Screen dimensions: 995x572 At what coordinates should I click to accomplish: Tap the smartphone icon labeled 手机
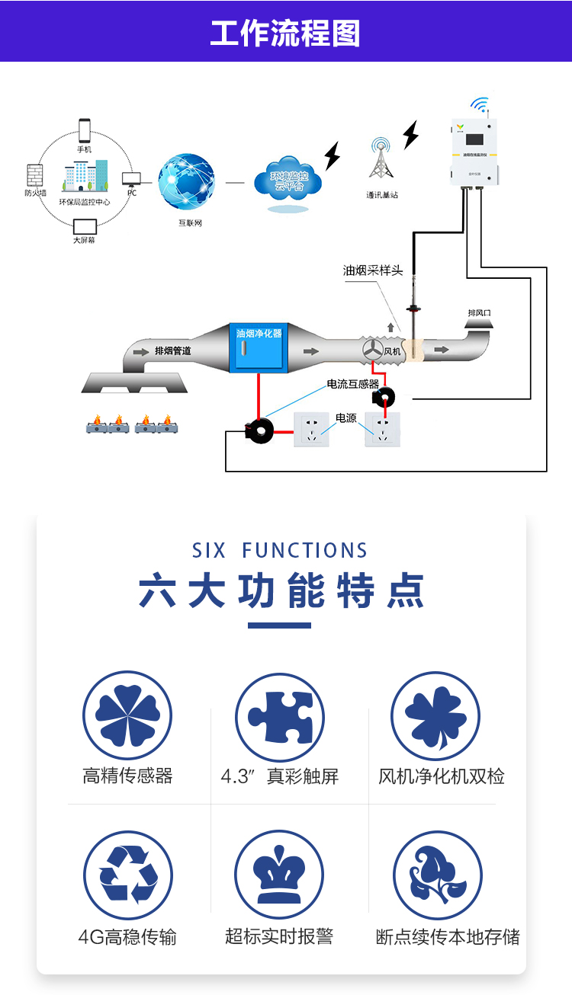pos(84,130)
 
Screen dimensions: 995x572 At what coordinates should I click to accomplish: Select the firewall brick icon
pos(35,175)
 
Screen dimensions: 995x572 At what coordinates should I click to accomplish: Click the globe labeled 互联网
pos(187,183)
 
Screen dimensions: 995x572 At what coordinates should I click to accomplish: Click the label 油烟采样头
pos(373,270)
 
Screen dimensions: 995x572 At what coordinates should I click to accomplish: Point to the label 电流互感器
pos(353,384)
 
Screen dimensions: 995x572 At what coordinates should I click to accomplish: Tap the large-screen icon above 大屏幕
pos(85,226)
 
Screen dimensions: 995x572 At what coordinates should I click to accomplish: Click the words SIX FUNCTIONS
pos(280,551)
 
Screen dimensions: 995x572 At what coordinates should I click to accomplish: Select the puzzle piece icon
pos(280,717)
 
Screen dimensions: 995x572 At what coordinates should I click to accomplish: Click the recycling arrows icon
pos(128,875)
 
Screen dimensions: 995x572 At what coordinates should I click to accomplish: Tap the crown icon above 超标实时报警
pos(279,875)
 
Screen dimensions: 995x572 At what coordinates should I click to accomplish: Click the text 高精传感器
pos(127,776)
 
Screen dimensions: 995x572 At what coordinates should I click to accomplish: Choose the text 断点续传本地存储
pos(448,937)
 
